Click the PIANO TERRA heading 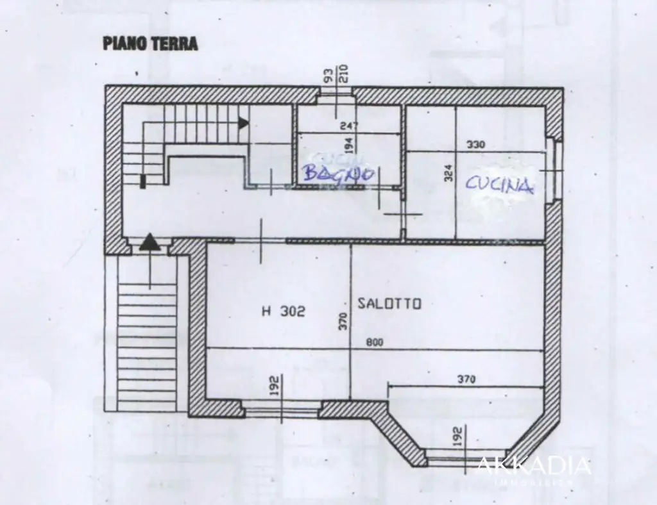coord(149,44)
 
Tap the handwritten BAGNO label coord(338,173)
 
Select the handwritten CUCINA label coord(499,185)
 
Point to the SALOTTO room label coord(389,304)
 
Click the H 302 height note coord(283,311)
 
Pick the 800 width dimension coord(375,342)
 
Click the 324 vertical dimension coord(448,172)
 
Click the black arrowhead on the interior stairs coord(243,122)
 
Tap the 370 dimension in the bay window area coord(466,379)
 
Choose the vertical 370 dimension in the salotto coord(343,320)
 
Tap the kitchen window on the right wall coord(557,170)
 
